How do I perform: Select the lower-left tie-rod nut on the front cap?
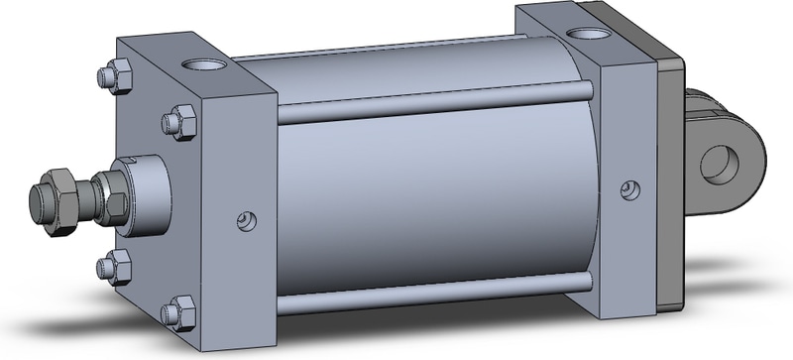117,265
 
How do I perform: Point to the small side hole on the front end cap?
247,219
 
